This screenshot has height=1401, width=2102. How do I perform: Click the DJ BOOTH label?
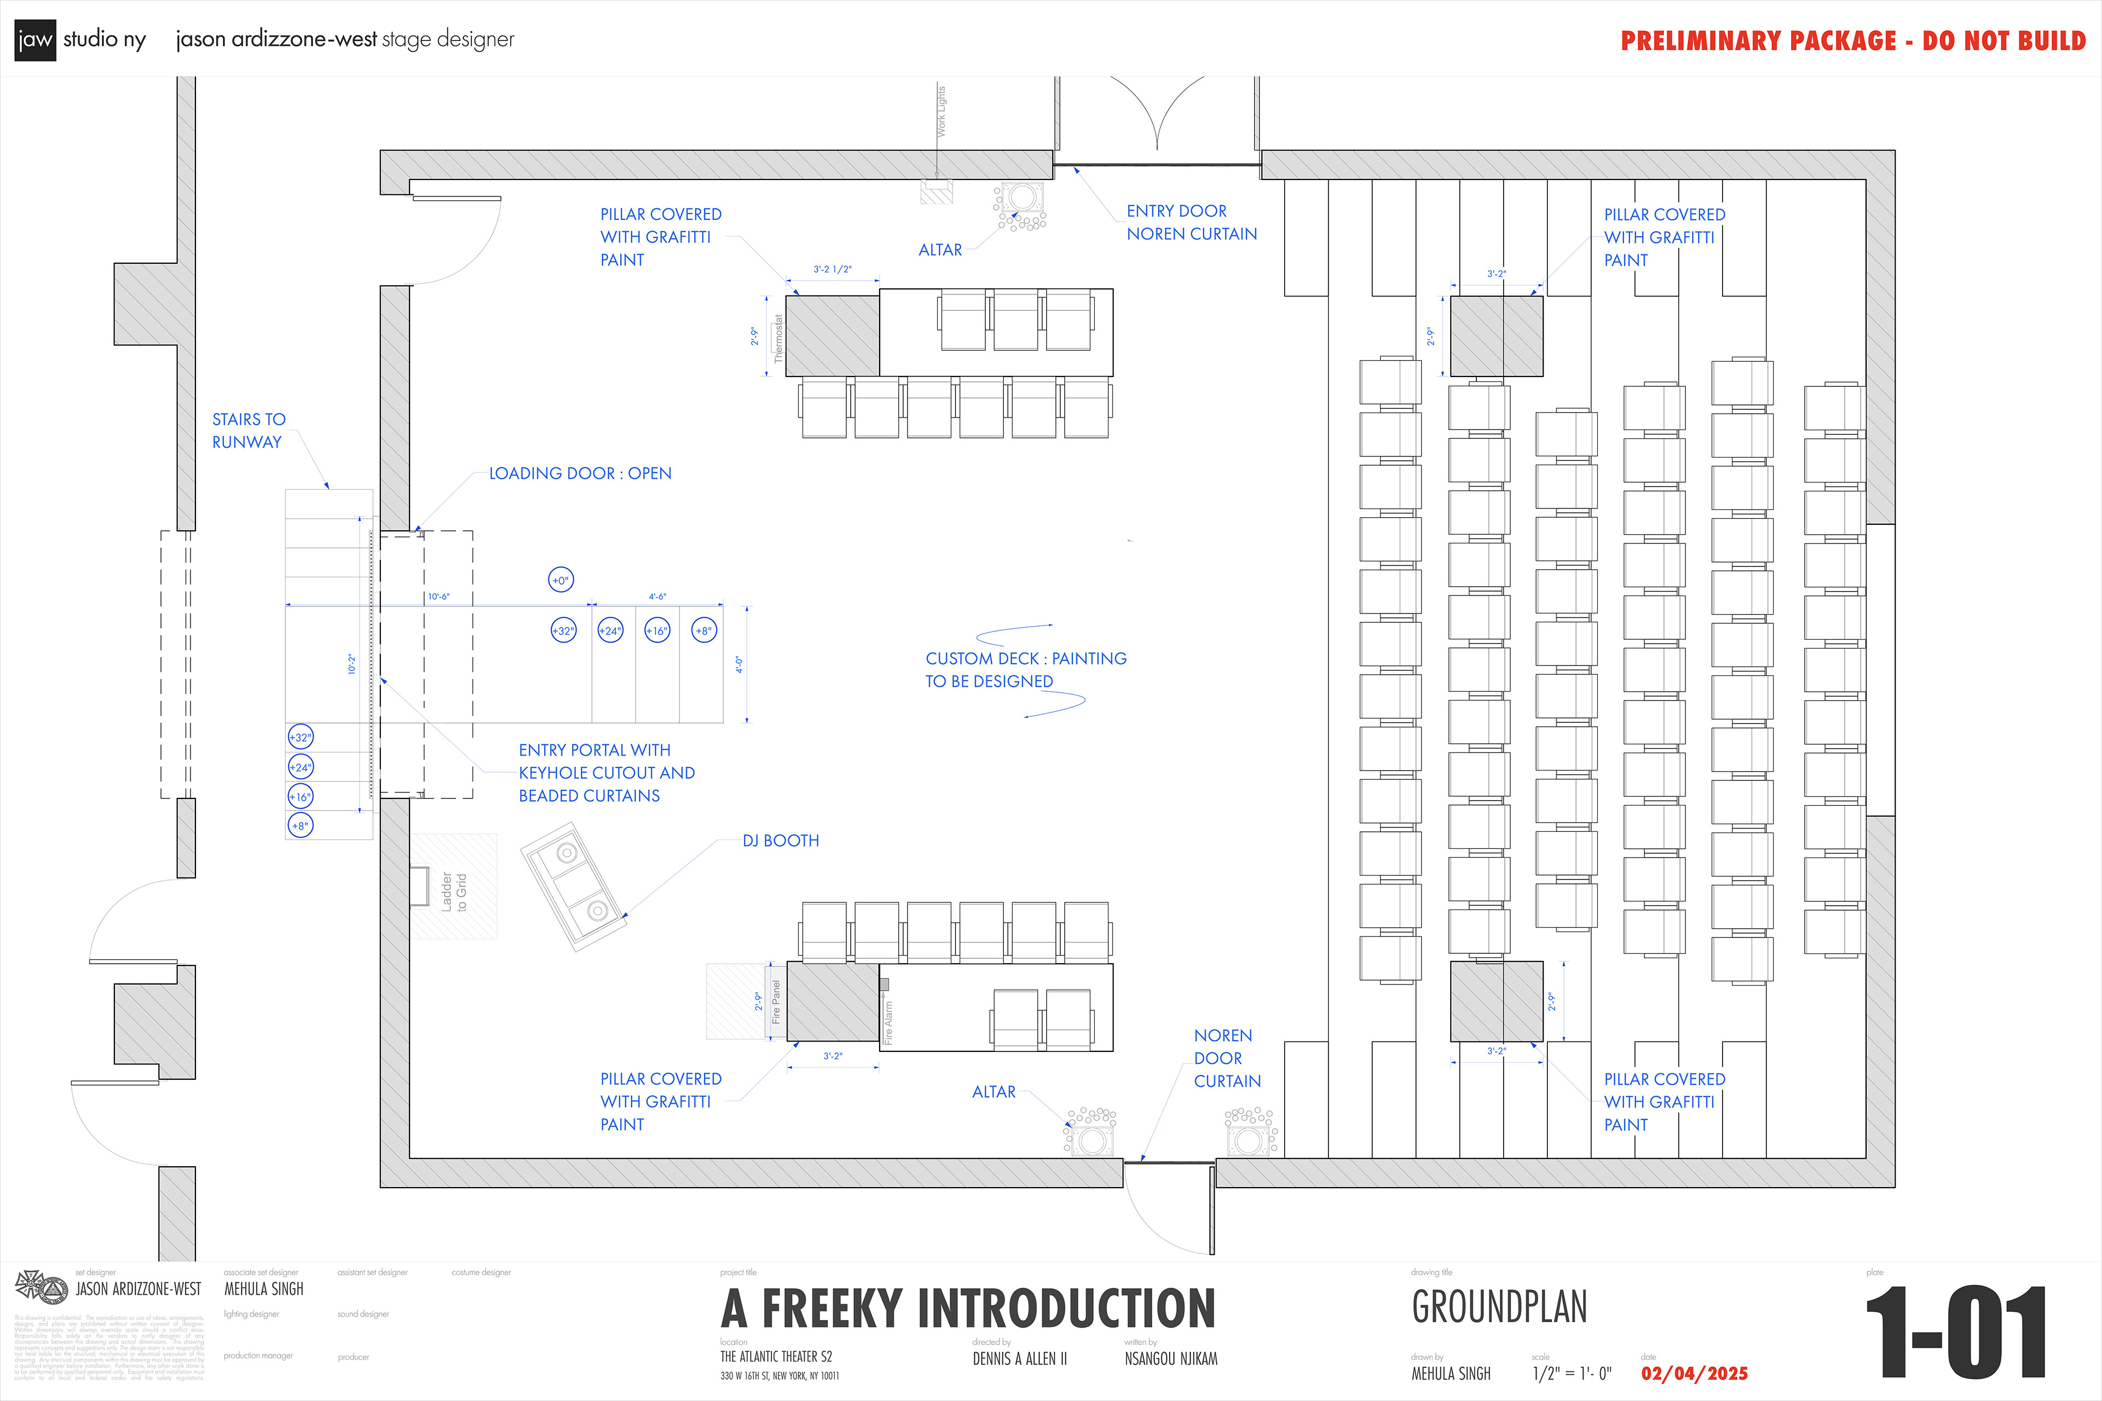[x=780, y=841]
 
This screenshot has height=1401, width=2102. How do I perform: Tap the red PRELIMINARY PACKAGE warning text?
[x=1852, y=41]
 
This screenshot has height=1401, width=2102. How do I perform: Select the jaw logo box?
[x=35, y=40]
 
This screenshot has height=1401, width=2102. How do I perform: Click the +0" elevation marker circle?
[x=561, y=581]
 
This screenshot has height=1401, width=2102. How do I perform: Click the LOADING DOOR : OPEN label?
[x=580, y=473]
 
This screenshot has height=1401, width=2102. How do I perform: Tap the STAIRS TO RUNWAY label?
[x=249, y=431]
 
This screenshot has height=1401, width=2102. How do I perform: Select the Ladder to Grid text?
[x=454, y=891]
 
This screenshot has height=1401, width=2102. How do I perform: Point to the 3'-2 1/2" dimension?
[x=832, y=269]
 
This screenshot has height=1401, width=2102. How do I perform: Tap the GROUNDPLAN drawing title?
[x=1499, y=1307]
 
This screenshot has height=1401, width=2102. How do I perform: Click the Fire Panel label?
[x=776, y=1001]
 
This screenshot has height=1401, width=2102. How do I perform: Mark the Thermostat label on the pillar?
[x=778, y=338]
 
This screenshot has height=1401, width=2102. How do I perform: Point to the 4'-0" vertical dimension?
[x=739, y=665]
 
